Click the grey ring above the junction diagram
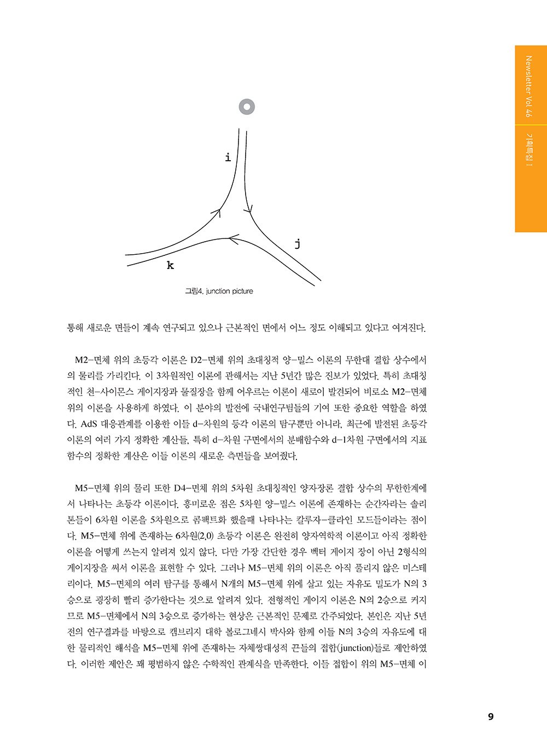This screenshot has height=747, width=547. point(247,107)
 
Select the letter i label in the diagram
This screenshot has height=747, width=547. point(228,158)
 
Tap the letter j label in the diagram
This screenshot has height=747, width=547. point(297,244)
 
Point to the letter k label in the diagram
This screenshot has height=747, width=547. point(170,266)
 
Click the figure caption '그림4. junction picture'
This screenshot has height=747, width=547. point(219,291)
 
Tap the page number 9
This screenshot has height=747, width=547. point(491,717)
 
